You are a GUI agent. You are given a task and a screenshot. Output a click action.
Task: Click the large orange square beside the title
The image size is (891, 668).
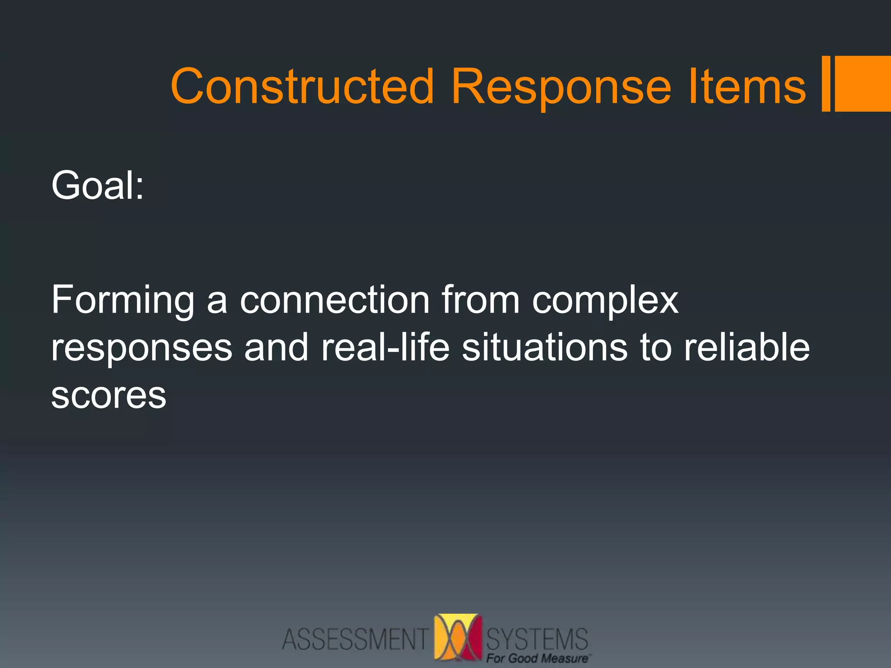coord(863,83)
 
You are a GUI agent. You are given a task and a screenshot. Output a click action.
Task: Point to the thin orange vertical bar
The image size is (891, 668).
coord(826,83)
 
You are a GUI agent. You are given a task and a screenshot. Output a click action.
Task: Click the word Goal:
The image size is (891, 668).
coord(97,186)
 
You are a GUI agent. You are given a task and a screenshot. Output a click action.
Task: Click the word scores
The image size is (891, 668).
coord(109,396)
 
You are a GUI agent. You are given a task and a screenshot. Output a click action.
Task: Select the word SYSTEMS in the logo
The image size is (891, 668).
coord(537,638)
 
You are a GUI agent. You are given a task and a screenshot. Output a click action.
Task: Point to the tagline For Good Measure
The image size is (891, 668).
coord(538,658)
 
